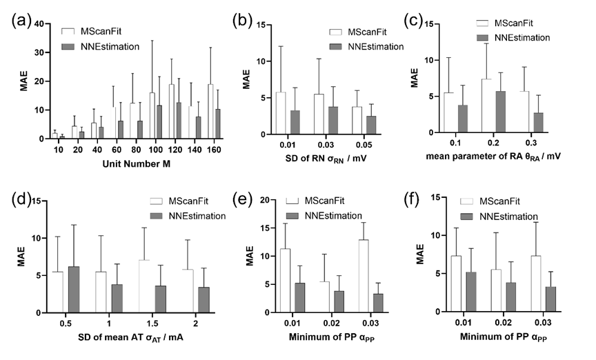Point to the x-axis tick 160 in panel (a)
click(215, 148)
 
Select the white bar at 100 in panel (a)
click(152, 115)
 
